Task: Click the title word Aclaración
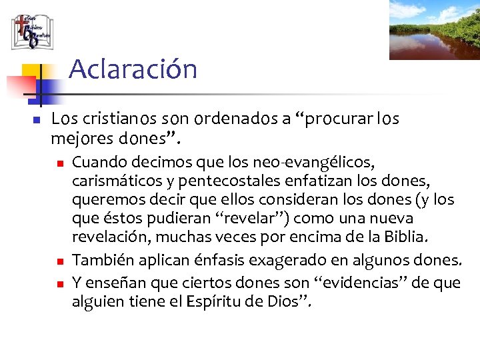point(133,69)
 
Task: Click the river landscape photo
point(434,30)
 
